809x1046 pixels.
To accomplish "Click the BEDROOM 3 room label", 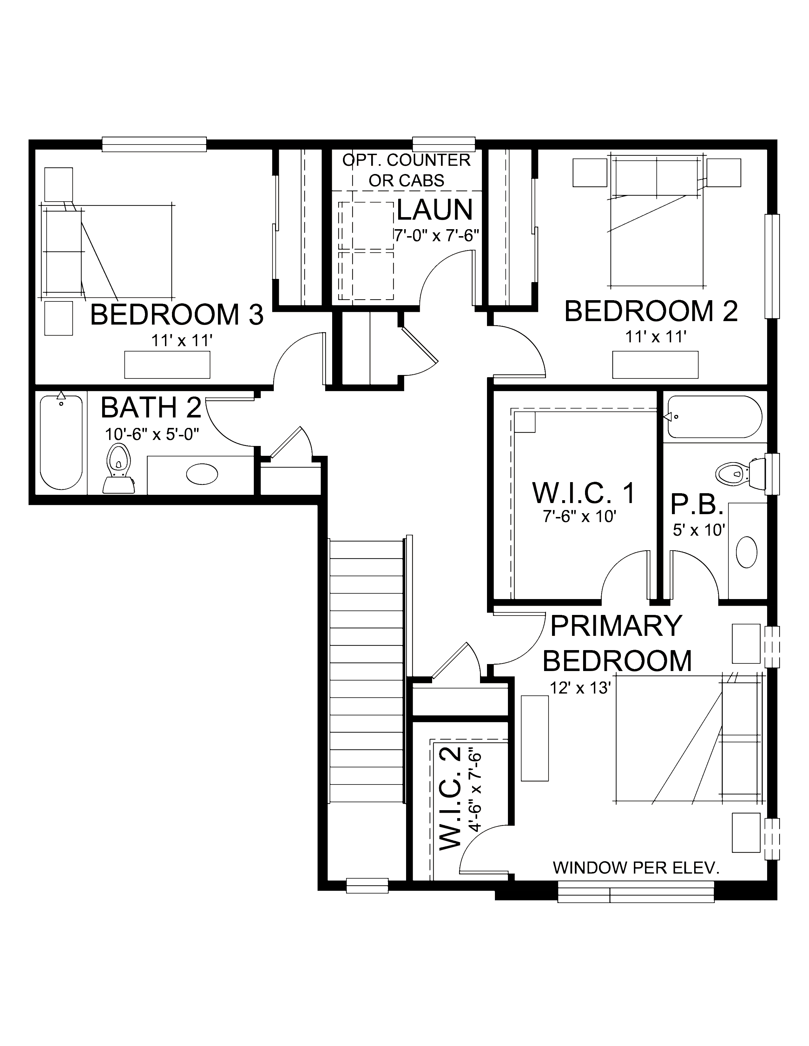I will point(177,315).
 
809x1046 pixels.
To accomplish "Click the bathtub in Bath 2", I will point(61,441).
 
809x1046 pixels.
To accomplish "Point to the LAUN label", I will point(435,210).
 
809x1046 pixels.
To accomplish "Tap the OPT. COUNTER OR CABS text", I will point(406,170).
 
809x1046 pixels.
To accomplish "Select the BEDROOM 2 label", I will point(650,311).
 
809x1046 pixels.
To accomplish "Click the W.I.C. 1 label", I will point(584,493).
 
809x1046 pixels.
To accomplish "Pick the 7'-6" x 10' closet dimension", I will point(579,517).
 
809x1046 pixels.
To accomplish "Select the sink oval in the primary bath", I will point(746,552).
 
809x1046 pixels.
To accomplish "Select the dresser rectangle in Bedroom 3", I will point(167,365).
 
